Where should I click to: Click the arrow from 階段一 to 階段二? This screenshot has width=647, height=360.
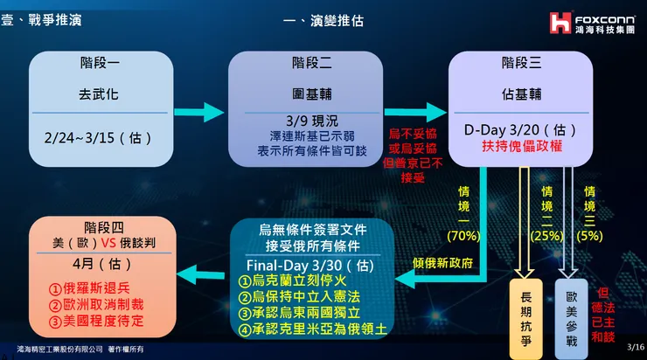tap(198, 112)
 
